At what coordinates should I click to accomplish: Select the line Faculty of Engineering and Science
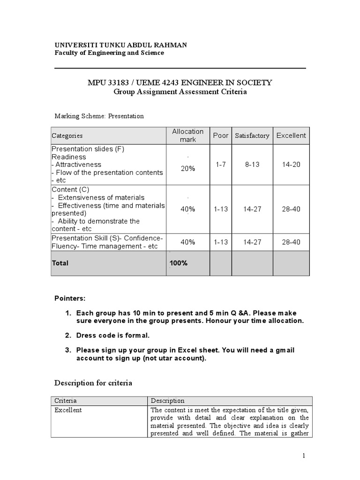pos(109,53)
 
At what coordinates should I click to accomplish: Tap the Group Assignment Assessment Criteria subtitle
pos(180,92)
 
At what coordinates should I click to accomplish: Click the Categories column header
pos(67,135)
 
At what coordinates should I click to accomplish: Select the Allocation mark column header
pos(187,135)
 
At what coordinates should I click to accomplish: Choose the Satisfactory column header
pos(252,135)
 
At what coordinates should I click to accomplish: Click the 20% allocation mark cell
pos(187,169)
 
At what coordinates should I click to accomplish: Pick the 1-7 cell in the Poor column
pos(220,165)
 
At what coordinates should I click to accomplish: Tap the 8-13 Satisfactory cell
pos(252,165)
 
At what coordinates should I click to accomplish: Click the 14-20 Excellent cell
pos(291,165)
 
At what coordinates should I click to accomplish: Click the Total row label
pos(60,263)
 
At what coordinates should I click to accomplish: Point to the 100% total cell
pos(179,263)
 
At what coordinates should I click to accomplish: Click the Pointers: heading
pos(70,298)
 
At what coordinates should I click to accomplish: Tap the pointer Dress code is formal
pos(112,335)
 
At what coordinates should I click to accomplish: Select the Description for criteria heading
pos(93,383)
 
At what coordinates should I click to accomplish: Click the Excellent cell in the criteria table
pos(68,410)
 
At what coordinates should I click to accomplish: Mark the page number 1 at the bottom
pos(304,456)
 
